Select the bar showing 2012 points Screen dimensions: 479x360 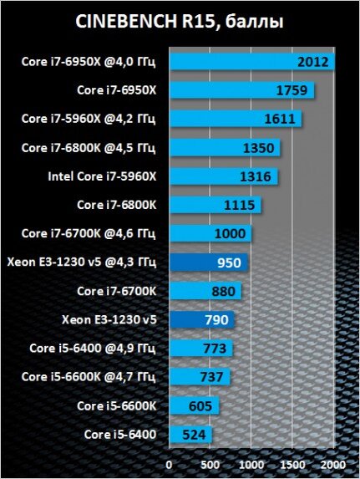[251, 62]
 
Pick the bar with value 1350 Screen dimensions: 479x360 [224, 148]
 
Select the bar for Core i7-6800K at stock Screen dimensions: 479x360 [215, 205]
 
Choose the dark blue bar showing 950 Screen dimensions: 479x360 [208, 262]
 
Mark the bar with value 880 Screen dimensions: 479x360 [205, 291]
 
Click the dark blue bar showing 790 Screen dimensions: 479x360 [201, 319]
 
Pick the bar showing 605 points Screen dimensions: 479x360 [194, 405]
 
